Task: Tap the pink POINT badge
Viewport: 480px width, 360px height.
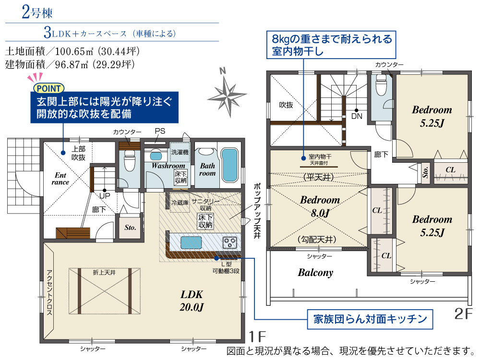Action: click(48, 88)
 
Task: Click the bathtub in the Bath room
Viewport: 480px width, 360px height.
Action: click(229, 165)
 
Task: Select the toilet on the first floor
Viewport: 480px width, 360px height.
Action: click(129, 162)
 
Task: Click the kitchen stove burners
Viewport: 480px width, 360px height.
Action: click(230, 242)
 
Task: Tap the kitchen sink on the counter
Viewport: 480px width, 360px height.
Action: click(191, 242)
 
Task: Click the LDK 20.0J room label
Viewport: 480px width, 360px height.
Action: click(192, 300)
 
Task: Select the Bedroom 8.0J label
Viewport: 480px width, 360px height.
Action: click(320, 206)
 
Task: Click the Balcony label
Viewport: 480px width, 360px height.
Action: click(315, 273)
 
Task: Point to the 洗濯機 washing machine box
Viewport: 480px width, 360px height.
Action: click(180, 152)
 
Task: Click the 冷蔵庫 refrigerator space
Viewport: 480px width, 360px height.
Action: click(180, 203)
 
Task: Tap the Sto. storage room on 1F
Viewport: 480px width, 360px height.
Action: click(130, 228)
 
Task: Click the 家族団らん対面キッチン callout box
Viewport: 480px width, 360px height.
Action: click(370, 319)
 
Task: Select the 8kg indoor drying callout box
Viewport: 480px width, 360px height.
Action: click(331, 45)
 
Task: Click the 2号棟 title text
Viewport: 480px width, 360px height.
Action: click(37, 12)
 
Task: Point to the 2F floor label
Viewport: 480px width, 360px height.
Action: click(463, 314)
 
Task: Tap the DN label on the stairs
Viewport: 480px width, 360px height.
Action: click(357, 116)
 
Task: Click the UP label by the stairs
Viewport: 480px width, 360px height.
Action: click(105, 196)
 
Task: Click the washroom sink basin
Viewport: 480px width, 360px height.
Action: click(156, 156)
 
